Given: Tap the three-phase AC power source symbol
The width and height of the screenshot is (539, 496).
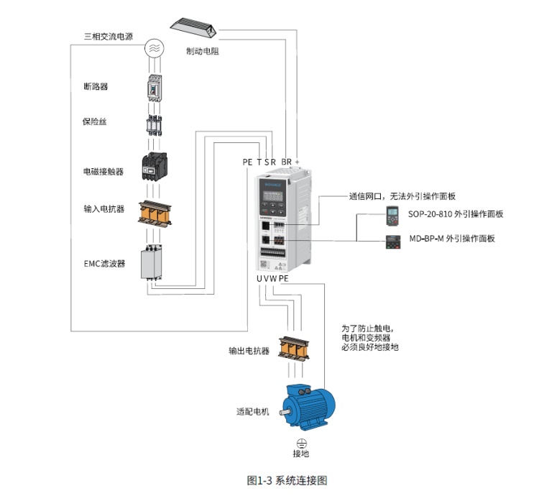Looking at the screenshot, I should coord(154,48).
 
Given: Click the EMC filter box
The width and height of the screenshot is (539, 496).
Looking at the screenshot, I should coord(153,263).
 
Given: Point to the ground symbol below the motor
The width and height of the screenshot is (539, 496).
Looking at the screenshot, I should coord(302,442).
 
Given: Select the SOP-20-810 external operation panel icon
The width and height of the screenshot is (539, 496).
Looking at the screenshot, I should coord(392,213).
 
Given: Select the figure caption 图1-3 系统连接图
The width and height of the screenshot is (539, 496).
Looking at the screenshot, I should coord(286,480).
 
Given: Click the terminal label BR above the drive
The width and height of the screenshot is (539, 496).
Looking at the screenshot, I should coord(285,162).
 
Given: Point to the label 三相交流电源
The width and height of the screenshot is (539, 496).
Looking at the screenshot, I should coord(109,36).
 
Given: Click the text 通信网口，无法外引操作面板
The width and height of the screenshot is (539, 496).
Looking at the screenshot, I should coord(402,196).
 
